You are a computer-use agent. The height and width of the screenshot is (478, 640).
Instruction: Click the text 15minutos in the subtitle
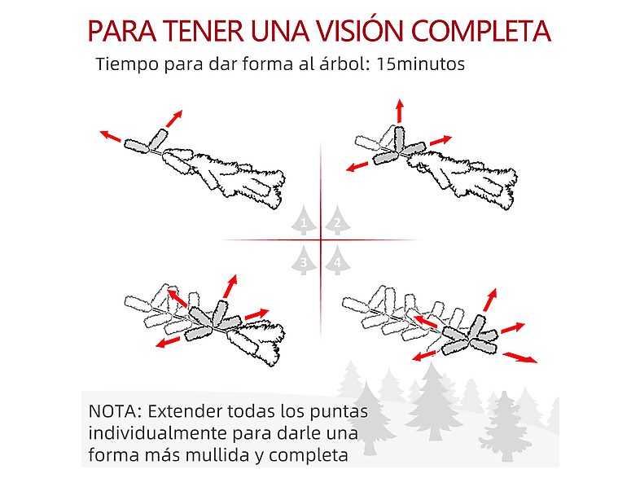[x=422, y=65]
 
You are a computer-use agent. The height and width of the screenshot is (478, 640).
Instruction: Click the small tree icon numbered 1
[x=304, y=220]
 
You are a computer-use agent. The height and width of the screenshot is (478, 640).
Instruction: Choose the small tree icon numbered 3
[x=304, y=261]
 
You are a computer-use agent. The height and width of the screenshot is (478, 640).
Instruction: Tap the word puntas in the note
[x=340, y=409]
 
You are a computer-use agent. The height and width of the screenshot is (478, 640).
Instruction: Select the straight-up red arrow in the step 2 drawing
[x=399, y=112]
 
